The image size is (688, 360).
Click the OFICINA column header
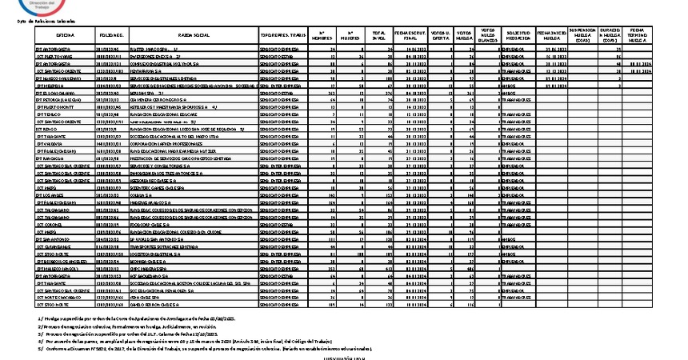(66, 37)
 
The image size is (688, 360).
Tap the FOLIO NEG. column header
(111, 37)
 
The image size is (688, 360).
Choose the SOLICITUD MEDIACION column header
(518, 37)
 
